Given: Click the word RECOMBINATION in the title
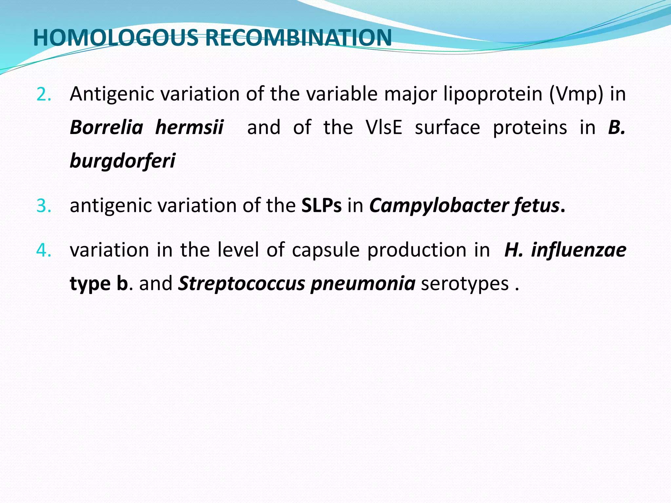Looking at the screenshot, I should tap(298, 38).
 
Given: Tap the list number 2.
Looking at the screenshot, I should tap(44, 95).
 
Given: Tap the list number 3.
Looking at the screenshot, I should tap(44, 206).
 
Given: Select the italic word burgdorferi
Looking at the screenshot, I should tap(123, 161).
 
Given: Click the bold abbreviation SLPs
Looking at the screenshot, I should tap(321, 206).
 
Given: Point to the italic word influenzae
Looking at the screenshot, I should tap(579, 250).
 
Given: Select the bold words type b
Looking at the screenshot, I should tap(99, 284).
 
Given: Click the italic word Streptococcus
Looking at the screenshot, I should tap(241, 284).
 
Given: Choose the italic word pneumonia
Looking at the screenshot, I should tap(363, 284).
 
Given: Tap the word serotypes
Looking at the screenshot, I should tap(465, 284).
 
